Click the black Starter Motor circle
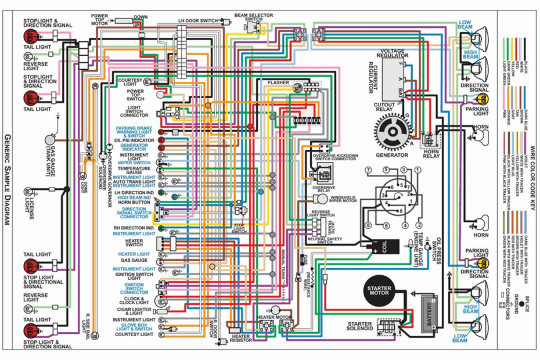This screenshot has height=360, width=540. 379,292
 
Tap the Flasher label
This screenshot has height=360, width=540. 278,83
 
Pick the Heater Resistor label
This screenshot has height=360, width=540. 241,339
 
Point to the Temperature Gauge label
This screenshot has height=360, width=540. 134,171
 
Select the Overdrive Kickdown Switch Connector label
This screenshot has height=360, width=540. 336,158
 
